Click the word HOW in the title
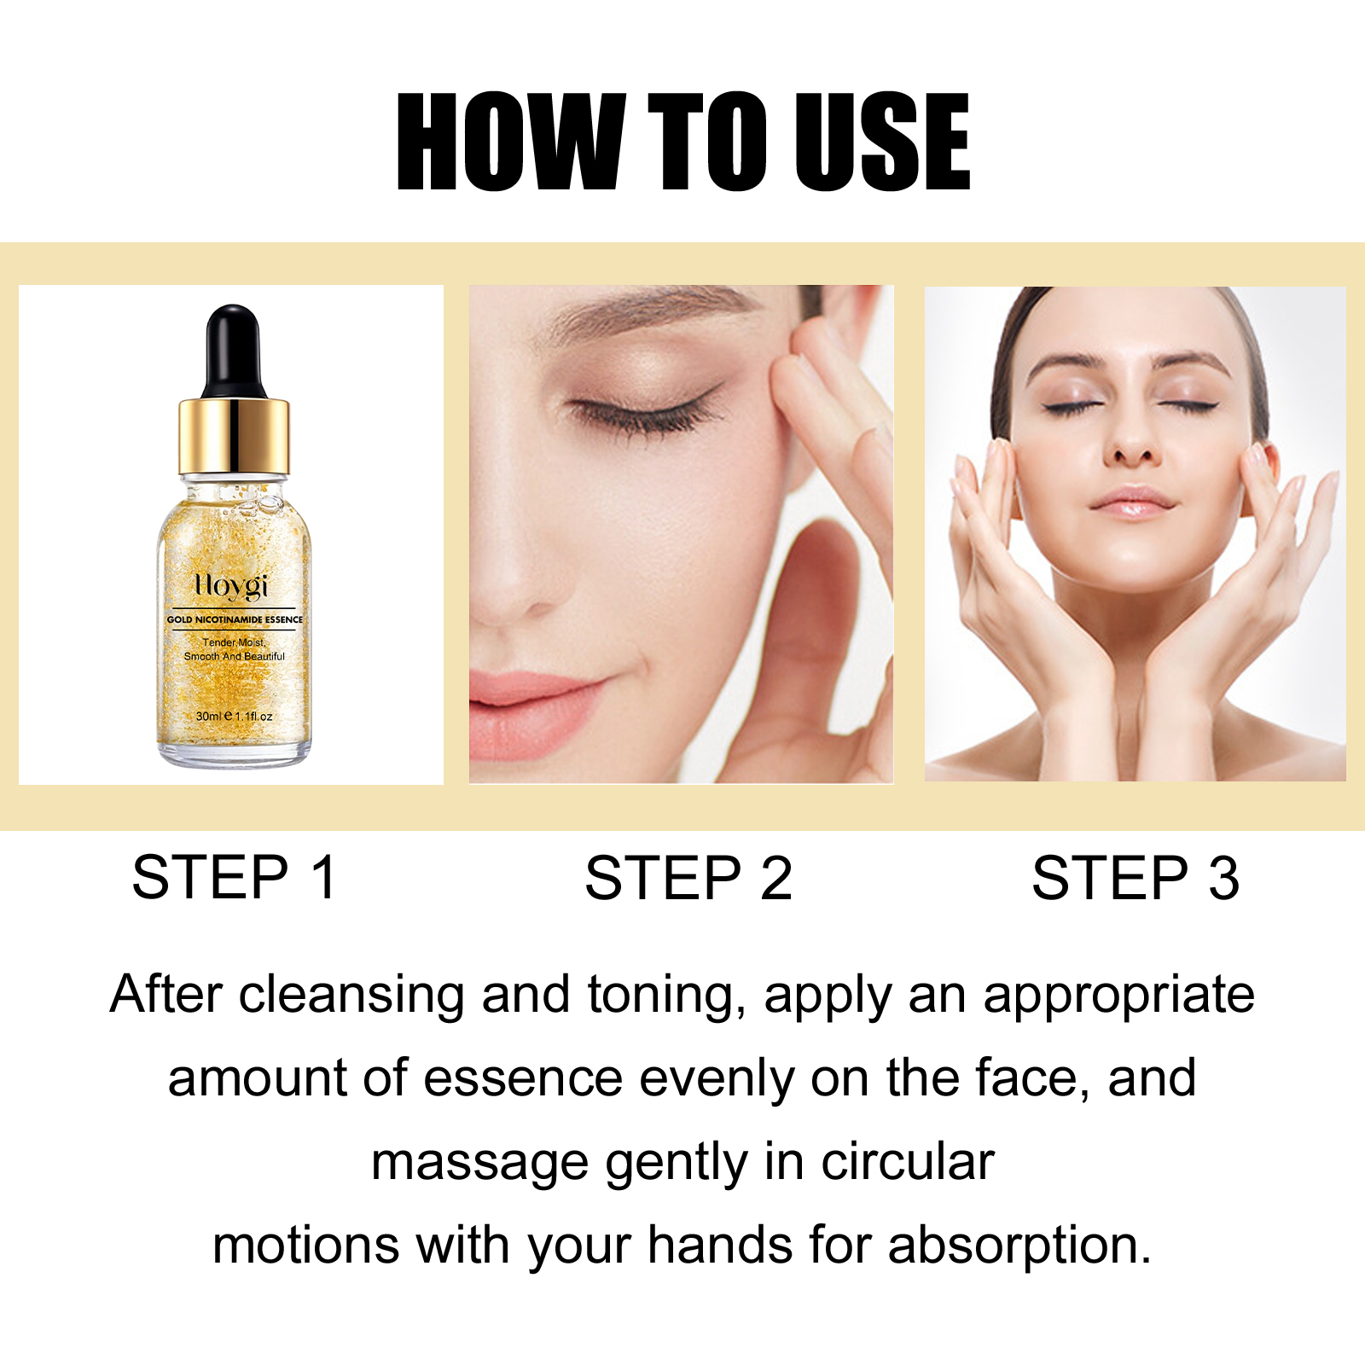(x=510, y=141)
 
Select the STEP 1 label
(x=235, y=877)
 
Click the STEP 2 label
(x=688, y=877)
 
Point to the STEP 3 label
(x=1136, y=877)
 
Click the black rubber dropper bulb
(x=233, y=350)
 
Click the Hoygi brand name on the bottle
(x=231, y=587)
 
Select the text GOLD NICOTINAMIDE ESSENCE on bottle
(x=235, y=619)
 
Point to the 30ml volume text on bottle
(x=208, y=716)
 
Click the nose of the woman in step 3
(x=1132, y=435)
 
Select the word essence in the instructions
(x=523, y=1079)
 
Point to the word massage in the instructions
(x=479, y=1164)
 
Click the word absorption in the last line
(x=1020, y=1246)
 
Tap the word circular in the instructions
(x=908, y=1162)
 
